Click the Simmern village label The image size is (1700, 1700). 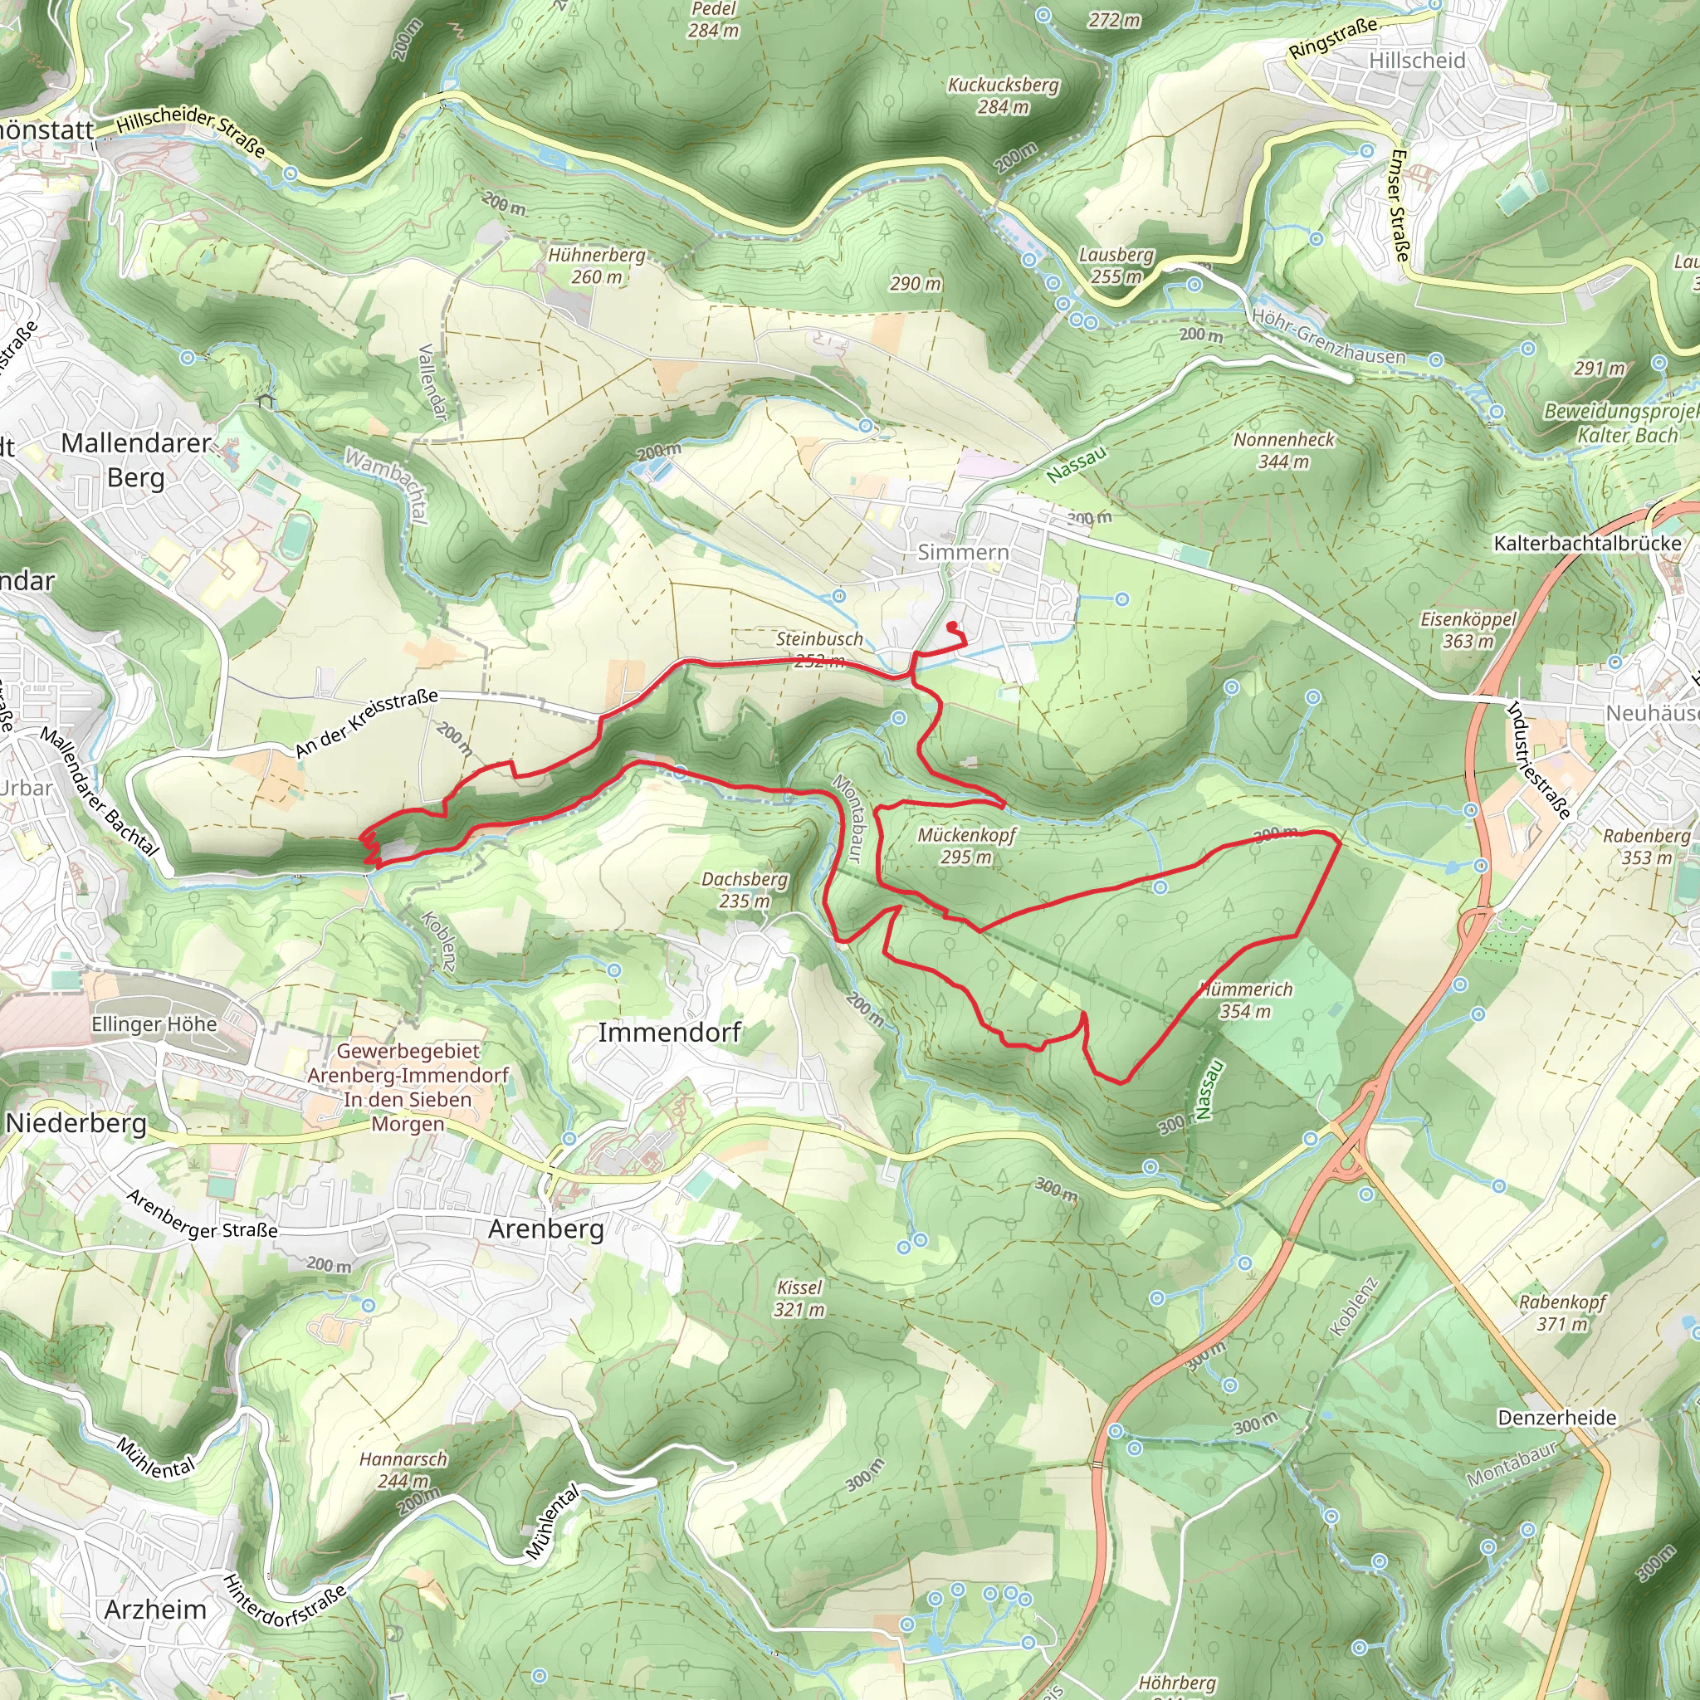pos(963,552)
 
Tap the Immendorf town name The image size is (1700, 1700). pos(670,1032)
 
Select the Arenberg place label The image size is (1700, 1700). pos(545,1229)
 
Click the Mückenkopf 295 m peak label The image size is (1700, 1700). pos(966,846)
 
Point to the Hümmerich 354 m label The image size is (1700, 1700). pos(1245,999)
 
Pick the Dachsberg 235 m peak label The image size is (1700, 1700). pos(745,890)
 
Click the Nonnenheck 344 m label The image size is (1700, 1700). pos(1283,451)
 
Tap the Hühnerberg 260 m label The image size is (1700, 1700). pos(597,266)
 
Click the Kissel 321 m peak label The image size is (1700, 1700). pos(799,1298)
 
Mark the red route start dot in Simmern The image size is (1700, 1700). pos(951,627)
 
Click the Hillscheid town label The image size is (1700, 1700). pos(1417,61)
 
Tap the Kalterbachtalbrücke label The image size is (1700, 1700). pos(1586,543)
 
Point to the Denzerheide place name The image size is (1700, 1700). pos(1556,1418)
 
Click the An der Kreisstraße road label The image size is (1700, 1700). pos(366,723)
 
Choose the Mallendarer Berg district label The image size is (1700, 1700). pos(136,459)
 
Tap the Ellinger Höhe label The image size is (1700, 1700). pos(154,1024)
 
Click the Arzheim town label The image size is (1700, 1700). pos(155,1610)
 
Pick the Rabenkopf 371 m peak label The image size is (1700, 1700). pos(1562,1312)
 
